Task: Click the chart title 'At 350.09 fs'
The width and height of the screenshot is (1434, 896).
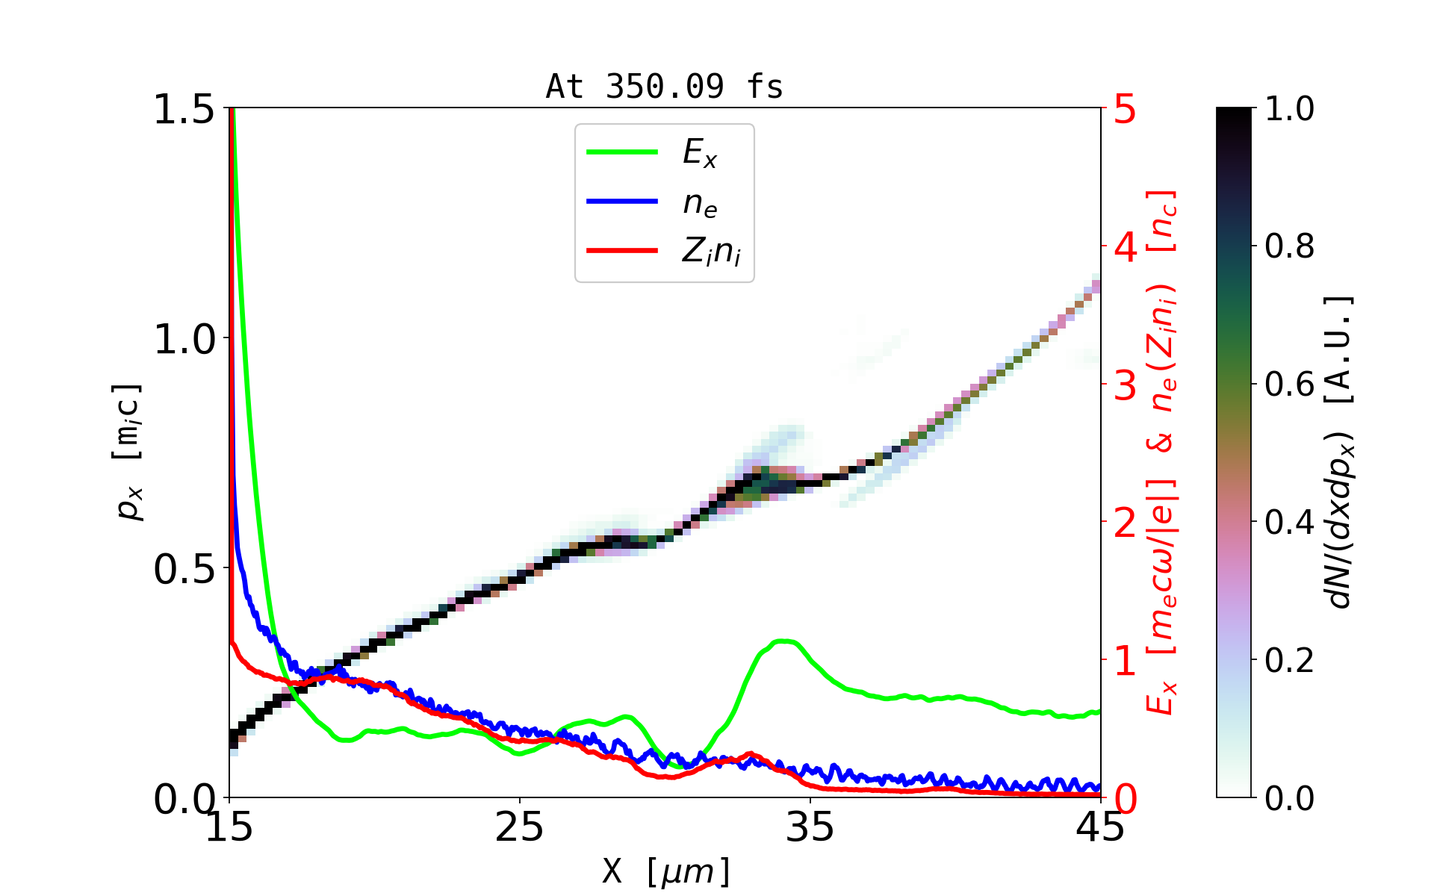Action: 664,87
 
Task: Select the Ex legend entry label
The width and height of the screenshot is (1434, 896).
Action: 700,153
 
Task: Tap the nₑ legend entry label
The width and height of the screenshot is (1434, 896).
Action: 700,203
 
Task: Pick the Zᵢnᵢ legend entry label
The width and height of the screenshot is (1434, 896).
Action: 711,252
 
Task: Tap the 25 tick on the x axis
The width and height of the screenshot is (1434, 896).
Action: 519,827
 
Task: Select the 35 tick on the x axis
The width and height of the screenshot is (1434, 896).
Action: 810,827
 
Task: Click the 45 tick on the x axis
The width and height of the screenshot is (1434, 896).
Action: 1101,827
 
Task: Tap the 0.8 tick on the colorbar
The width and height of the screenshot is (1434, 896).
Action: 1289,246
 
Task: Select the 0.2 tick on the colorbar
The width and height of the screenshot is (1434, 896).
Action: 1289,660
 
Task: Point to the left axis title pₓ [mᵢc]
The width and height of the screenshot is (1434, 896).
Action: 128,452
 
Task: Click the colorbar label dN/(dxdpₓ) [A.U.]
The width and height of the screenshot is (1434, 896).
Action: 1341,452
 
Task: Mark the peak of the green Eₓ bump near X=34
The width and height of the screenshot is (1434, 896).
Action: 784,641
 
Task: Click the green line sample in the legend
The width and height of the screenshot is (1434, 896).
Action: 622,152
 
